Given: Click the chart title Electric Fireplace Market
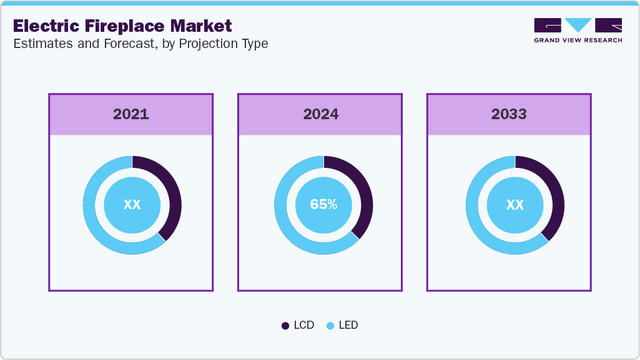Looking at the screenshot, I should pyautogui.click(x=122, y=26).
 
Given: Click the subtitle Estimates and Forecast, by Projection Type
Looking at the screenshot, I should pyautogui.click(x=140, y=44).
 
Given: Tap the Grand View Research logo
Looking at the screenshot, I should pyautogui.click(x=578, y=30).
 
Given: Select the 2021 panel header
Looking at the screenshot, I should pyautogui.click(x=131, y=114).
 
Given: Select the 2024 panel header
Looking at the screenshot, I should pyautogui.click(x=321, y=114).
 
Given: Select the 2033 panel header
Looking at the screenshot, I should pyautogui.click(x=509, y=114).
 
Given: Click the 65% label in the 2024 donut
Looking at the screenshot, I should pyautogui.click(x=323, y=205).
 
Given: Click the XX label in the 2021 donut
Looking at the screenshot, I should pyautogui.click(x=132, y=205).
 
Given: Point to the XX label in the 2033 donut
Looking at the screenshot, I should pyautogui.click(x=514, y=205).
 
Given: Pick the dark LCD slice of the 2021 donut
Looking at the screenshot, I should pyautogui.click(x=174, y=193).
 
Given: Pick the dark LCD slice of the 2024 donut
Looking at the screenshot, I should pyautogui.click(x=365, y=193).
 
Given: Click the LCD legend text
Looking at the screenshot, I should pyautogui.click(x=304, y=325).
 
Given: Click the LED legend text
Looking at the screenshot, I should pyautogui.click(x=348, y=325).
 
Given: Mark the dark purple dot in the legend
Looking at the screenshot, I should pyautogui.click(x=285, y=326).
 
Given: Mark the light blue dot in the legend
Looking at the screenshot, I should pyautogui.click(x=330, y=326).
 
